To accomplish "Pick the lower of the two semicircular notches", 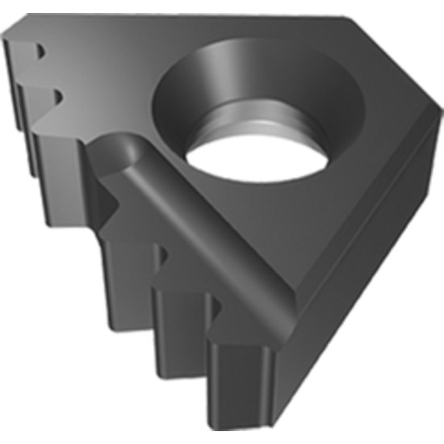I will pyautogui.click(x=59, y=98).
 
